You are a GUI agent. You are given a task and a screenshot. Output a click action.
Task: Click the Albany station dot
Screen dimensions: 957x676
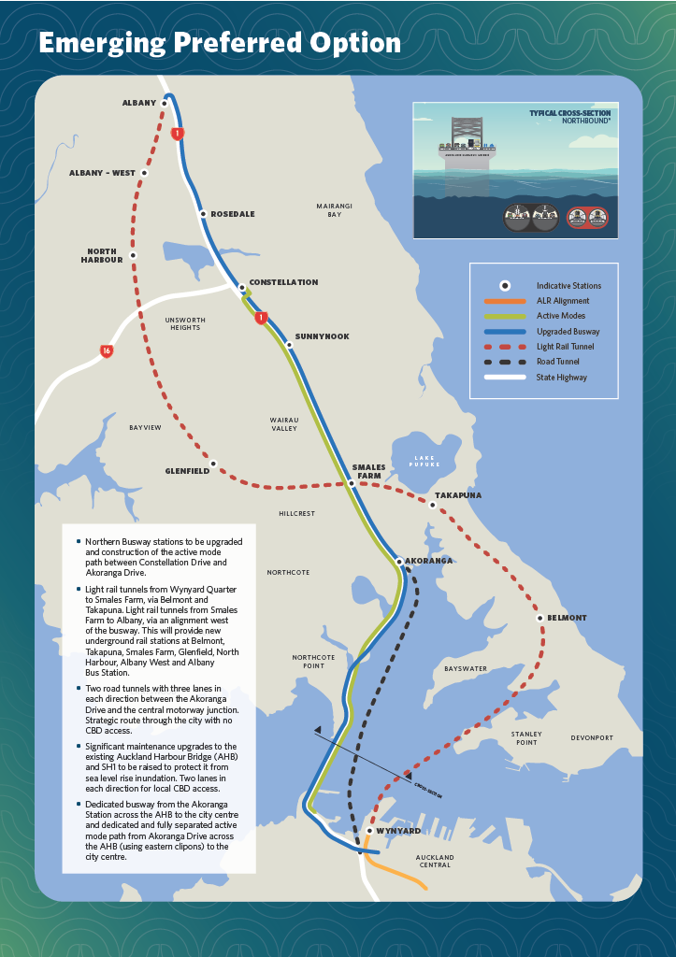165,103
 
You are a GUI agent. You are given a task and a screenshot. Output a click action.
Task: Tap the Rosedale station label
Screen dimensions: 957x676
232,214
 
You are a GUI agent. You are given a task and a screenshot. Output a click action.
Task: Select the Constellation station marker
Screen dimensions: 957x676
241,287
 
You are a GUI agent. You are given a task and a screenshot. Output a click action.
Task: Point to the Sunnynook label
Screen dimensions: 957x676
322,336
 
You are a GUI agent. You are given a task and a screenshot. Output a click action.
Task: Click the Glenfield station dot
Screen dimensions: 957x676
214,464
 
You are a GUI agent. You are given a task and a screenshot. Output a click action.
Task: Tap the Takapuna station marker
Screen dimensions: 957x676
432,505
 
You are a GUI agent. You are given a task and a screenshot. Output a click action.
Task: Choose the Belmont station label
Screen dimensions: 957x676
567,618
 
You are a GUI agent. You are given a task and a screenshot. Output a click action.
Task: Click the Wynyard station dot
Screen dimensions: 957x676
370,830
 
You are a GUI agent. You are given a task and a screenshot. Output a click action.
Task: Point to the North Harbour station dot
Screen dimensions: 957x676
134,255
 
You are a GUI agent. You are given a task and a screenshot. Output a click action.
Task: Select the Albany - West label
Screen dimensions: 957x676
102,173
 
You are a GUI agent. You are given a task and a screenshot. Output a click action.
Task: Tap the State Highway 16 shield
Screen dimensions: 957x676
108,351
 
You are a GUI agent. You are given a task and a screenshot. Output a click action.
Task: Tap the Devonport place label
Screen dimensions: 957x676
592,737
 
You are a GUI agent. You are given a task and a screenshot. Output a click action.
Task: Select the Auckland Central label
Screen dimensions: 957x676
435,861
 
